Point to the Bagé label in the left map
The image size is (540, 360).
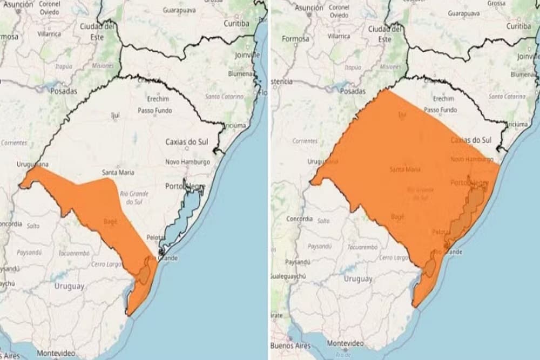point(110,221)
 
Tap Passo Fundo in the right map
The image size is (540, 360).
point(440,110)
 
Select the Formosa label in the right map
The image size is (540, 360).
point(295,39)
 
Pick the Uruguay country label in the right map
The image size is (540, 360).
point(357,279)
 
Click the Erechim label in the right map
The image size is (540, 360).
point(443,99)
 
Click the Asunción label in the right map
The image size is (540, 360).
point(309,8)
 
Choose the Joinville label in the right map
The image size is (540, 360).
point(528,56)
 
